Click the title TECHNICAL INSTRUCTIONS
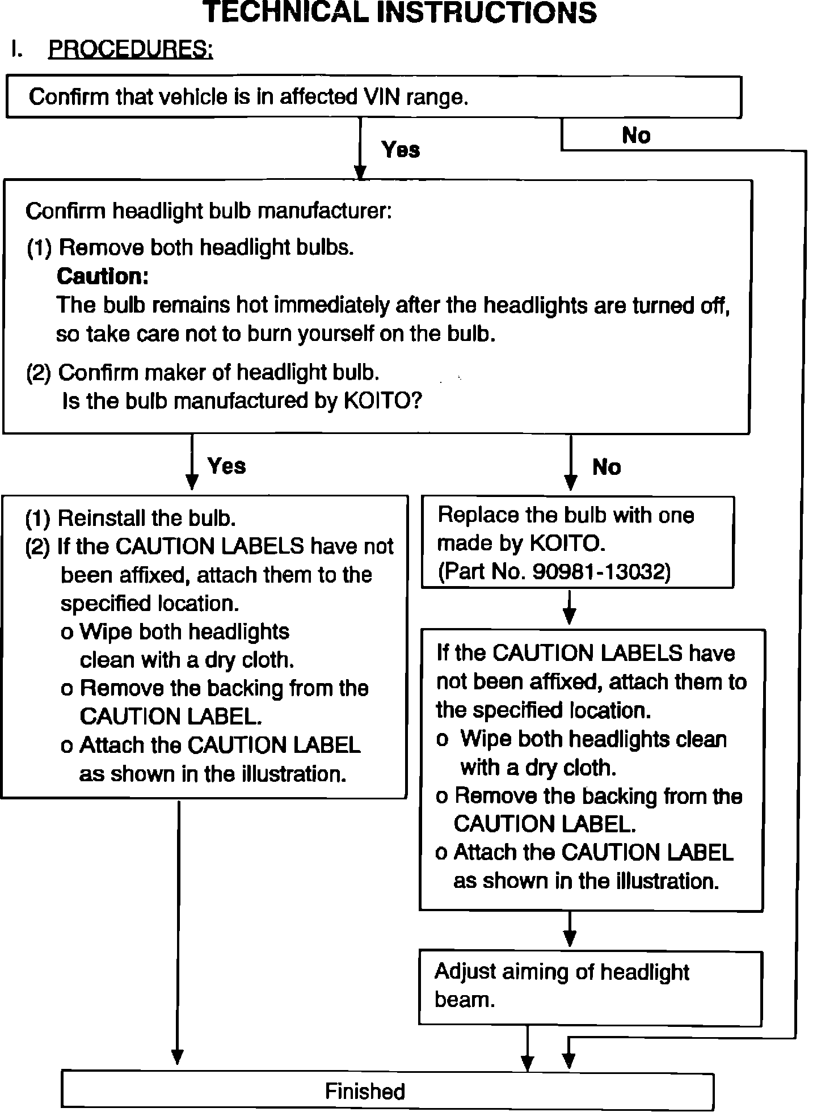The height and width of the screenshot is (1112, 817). click(x=399, y=12)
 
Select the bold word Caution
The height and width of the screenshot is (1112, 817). click(x=103, y=276)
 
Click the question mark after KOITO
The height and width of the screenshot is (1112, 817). click(x=416, y=401)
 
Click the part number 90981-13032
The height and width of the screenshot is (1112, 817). click(x=601, y=572)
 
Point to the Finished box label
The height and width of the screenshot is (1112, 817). click(x=365, y=1091)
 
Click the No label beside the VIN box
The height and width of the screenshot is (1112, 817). click(x=636, y=136)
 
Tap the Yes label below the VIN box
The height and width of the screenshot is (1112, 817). click(x=401, y=150)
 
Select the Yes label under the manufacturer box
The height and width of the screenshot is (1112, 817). click(x=226, y=466)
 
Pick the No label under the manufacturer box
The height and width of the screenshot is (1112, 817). click(x=607, y=467)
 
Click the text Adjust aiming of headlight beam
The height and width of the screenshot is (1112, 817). click(x=562, y=985)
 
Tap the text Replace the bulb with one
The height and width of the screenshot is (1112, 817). click(x=566, y=515)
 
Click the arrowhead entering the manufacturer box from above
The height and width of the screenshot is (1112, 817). click(x=360, y=171)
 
